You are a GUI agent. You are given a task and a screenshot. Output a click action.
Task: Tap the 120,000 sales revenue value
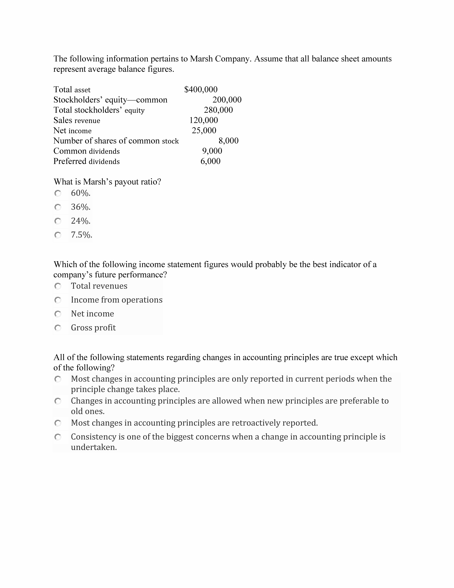click(204, 120)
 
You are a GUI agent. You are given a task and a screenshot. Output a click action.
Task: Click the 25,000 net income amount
click(204, 130)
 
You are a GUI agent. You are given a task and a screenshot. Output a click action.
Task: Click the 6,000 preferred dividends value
click(210, 161)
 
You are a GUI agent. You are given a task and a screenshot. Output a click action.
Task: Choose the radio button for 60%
click(58, 193)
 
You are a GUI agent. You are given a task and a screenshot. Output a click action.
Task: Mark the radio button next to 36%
click(58, 207)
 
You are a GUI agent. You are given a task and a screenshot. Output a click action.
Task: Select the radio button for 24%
click(58, 221)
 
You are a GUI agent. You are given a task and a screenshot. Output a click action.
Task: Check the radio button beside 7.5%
click(58, 235)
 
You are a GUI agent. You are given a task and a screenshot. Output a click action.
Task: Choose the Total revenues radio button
click(58, 286)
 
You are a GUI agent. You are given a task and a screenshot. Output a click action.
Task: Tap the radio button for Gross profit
click(58, 328)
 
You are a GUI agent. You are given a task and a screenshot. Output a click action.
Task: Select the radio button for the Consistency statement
click(58, 437)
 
